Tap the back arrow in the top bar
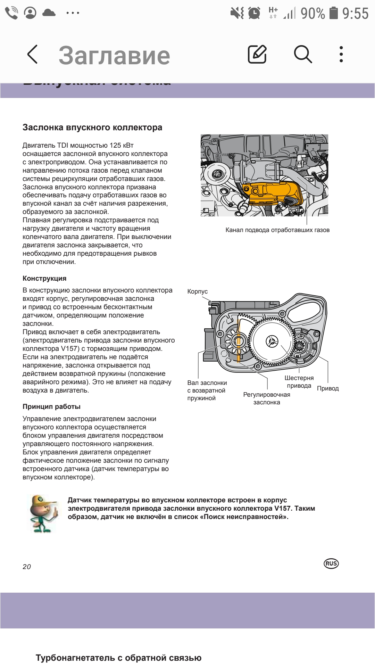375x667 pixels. [x=32, y=55]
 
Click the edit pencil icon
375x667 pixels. [x=257, y=55]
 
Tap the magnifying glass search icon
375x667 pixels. [x=303, y=55]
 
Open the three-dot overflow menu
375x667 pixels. [x=341, y=55]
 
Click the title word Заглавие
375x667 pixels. [x=114, y=56]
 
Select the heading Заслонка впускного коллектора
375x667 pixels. [x=92, y=127]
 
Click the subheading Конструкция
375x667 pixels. [x=44, y=278]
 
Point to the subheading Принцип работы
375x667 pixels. [x=51, y=406]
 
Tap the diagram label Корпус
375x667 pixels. [x=197, y=291]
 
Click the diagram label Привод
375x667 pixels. [x=328, y=388]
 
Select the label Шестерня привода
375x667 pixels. [x=299, y=382]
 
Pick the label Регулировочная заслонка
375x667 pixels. [x=267, y=398]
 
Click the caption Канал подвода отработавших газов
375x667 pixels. [x=277, y=230]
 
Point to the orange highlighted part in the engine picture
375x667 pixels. [x=274, y=193]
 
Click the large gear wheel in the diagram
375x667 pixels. [x=272, y=341]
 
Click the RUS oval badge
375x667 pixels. [x=331, y=563]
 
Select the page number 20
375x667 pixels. [x=27, y=567]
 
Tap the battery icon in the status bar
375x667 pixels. [x=333, y=13]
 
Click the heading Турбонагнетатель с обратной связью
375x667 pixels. [x=118, y=658]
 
